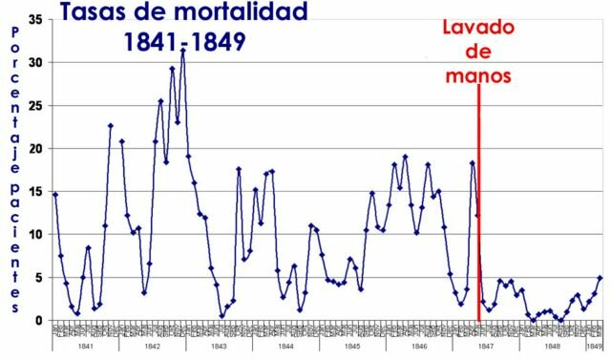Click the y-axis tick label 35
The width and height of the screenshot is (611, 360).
tap(36, 19)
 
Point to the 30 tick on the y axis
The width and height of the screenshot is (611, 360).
tap(36, 62)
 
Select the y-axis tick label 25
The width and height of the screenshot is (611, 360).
tap(36, 105)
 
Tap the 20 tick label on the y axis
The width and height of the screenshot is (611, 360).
tap(36, 148)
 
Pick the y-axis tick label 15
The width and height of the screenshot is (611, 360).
tap(36, 191)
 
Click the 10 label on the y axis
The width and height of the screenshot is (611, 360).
tap(36, 234)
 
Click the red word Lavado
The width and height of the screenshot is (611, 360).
tap(478, 27)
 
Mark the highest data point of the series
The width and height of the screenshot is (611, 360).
tap(182, 51)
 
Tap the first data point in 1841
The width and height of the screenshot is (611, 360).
tap(54, 195)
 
